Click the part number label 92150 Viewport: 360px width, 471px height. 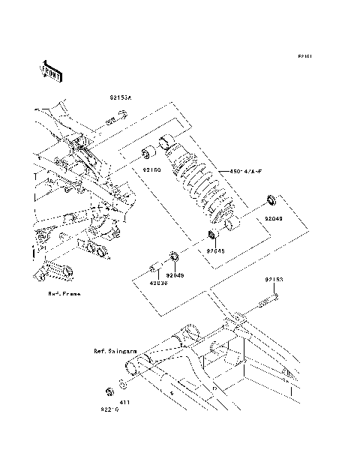[153, 170]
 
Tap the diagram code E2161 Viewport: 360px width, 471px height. [304, 56]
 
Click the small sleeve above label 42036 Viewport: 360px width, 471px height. [155, 268]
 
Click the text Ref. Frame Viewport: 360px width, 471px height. [64, 294]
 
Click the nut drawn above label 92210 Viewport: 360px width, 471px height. [109, 391]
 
